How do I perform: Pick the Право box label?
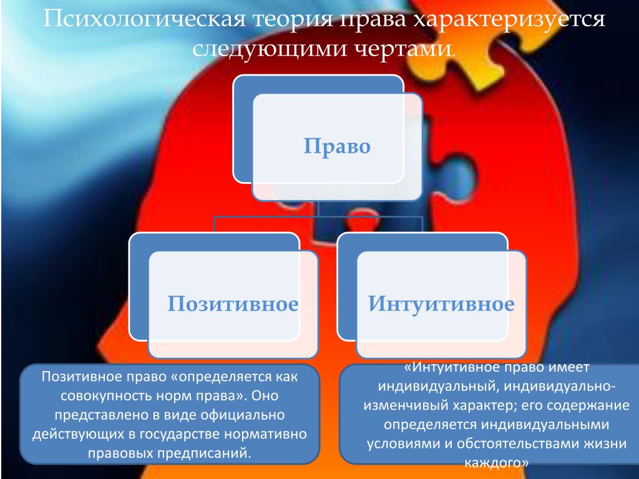point(337,146)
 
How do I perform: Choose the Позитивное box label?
point(233,304)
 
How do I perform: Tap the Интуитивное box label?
point(441,304)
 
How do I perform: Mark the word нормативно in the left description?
point(266,434)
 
